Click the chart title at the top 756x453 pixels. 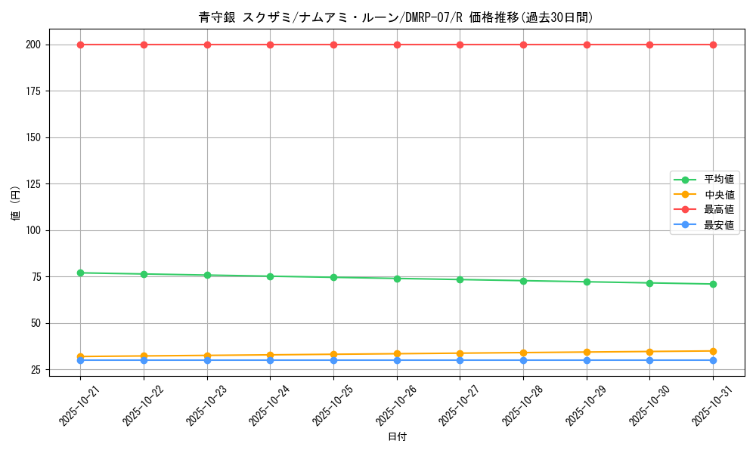click(397, 17)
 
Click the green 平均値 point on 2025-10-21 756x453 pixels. click(80, 273)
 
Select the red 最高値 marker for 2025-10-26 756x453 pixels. click(397, 45)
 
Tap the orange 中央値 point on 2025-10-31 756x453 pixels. click(713, 351)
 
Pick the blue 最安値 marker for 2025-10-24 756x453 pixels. click(270, 360)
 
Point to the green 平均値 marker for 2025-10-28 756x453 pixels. click(523, 281)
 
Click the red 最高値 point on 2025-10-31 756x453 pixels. click(713, 45)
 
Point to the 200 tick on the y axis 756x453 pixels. click(33, 45)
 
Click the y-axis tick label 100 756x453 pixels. click(33, 230)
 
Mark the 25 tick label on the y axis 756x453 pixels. click(36, 370)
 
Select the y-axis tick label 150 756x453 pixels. click(33, 137)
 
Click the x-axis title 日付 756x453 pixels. click(397, 437)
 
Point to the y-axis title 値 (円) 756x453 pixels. click(16, 203)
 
